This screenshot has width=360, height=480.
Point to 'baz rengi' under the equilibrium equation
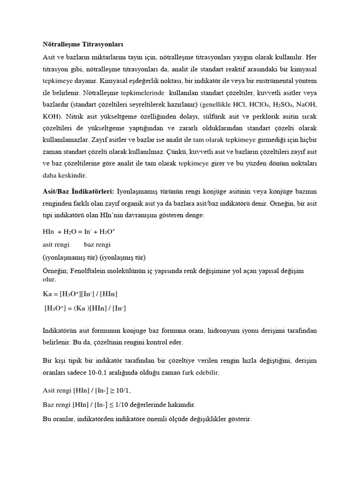click(x=97, y=244)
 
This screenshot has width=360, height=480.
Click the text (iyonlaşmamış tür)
click(x=68, y=257)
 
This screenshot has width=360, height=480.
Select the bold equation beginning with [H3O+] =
click(x=85, y=308)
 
